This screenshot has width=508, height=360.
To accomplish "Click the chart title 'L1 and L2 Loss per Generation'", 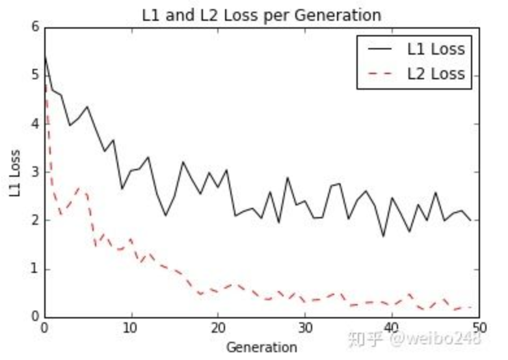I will pos(261,14).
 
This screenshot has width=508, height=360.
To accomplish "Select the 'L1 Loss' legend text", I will pos(436,49).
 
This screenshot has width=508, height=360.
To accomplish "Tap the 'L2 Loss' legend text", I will pos(436,73).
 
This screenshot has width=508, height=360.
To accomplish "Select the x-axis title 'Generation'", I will pos(261,347).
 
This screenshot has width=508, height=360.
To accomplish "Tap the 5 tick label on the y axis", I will pos(34,75).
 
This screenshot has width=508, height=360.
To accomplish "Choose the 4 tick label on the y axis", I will pos(34,124).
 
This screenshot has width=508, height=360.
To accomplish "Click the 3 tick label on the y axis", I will pos(34,172).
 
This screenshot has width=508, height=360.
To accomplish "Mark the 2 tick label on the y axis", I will pos(34,221).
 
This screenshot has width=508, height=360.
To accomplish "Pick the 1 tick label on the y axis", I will pos(34,269).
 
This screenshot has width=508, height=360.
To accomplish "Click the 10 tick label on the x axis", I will pos(131,327).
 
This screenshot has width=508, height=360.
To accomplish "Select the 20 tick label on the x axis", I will pos(218,327).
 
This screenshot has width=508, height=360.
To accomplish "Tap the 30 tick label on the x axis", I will pos(304,327).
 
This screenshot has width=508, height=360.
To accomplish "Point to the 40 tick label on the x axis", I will pos(392,327).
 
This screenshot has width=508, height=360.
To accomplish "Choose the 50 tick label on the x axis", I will pos(478,327).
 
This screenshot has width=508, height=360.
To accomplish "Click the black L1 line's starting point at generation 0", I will pos(44,56).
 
